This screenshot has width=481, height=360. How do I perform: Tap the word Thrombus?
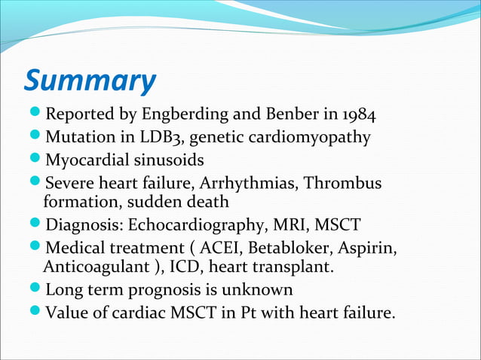348,184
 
